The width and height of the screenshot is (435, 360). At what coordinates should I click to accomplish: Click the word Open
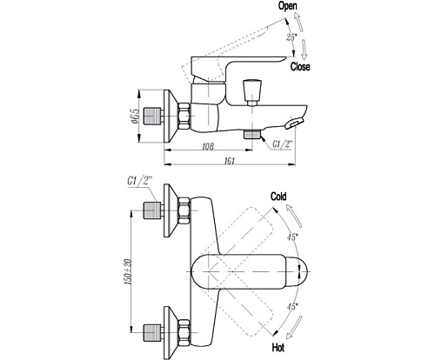288,6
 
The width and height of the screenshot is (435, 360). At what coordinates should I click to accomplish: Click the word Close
300,67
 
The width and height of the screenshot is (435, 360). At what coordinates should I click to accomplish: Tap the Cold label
278,197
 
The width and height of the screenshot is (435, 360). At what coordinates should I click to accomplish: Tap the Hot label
278,347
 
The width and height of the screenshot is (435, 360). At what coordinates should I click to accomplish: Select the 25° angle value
291,37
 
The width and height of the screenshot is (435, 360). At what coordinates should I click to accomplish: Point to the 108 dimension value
208,146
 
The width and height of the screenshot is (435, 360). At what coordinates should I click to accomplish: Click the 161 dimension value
229,161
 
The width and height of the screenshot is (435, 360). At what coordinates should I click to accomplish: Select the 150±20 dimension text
128,271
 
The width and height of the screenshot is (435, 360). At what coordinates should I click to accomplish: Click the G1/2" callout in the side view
282,144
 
